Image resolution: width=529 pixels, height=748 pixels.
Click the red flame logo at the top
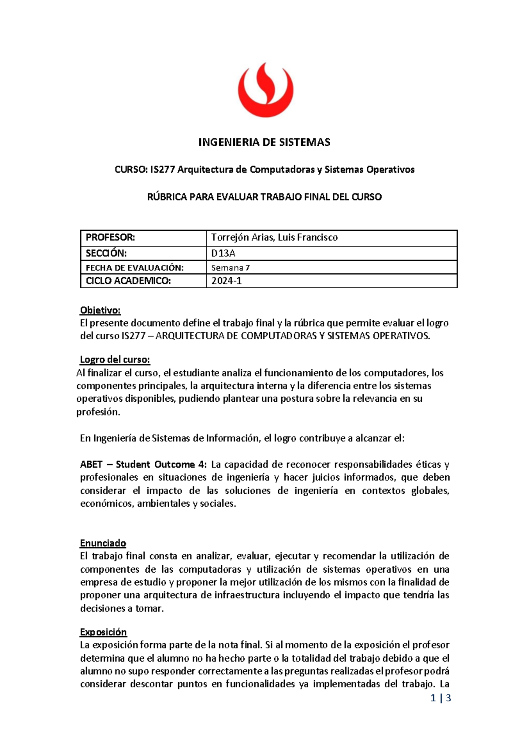(x=265, y=90)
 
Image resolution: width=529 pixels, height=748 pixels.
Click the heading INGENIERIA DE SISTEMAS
(x=264, y=142)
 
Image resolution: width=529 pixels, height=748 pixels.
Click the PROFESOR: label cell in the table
(x=110, y=237)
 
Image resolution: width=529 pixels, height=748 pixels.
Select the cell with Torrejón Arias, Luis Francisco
(x=274, y=237)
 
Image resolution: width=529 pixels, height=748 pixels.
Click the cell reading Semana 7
(x=231, y=268)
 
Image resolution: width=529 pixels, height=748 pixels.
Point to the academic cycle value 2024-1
(x=226, y=281)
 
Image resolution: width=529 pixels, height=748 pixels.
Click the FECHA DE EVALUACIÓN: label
(x=134, y=268)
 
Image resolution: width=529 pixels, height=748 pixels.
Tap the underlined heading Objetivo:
(x=100, y=310)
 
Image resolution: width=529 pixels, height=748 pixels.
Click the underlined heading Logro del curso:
(x=115, y=359)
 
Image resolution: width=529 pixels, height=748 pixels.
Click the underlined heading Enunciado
(x=103, y=543)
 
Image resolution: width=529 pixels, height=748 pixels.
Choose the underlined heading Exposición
(x=103, y=632)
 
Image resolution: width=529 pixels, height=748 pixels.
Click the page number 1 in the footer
(x=433, y=698)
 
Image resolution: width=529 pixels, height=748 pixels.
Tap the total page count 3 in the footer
(x=448, y=698)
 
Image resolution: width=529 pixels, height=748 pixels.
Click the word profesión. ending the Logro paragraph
(x=98, y=412)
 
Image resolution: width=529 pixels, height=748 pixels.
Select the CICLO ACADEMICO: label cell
(x=128, y=281)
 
